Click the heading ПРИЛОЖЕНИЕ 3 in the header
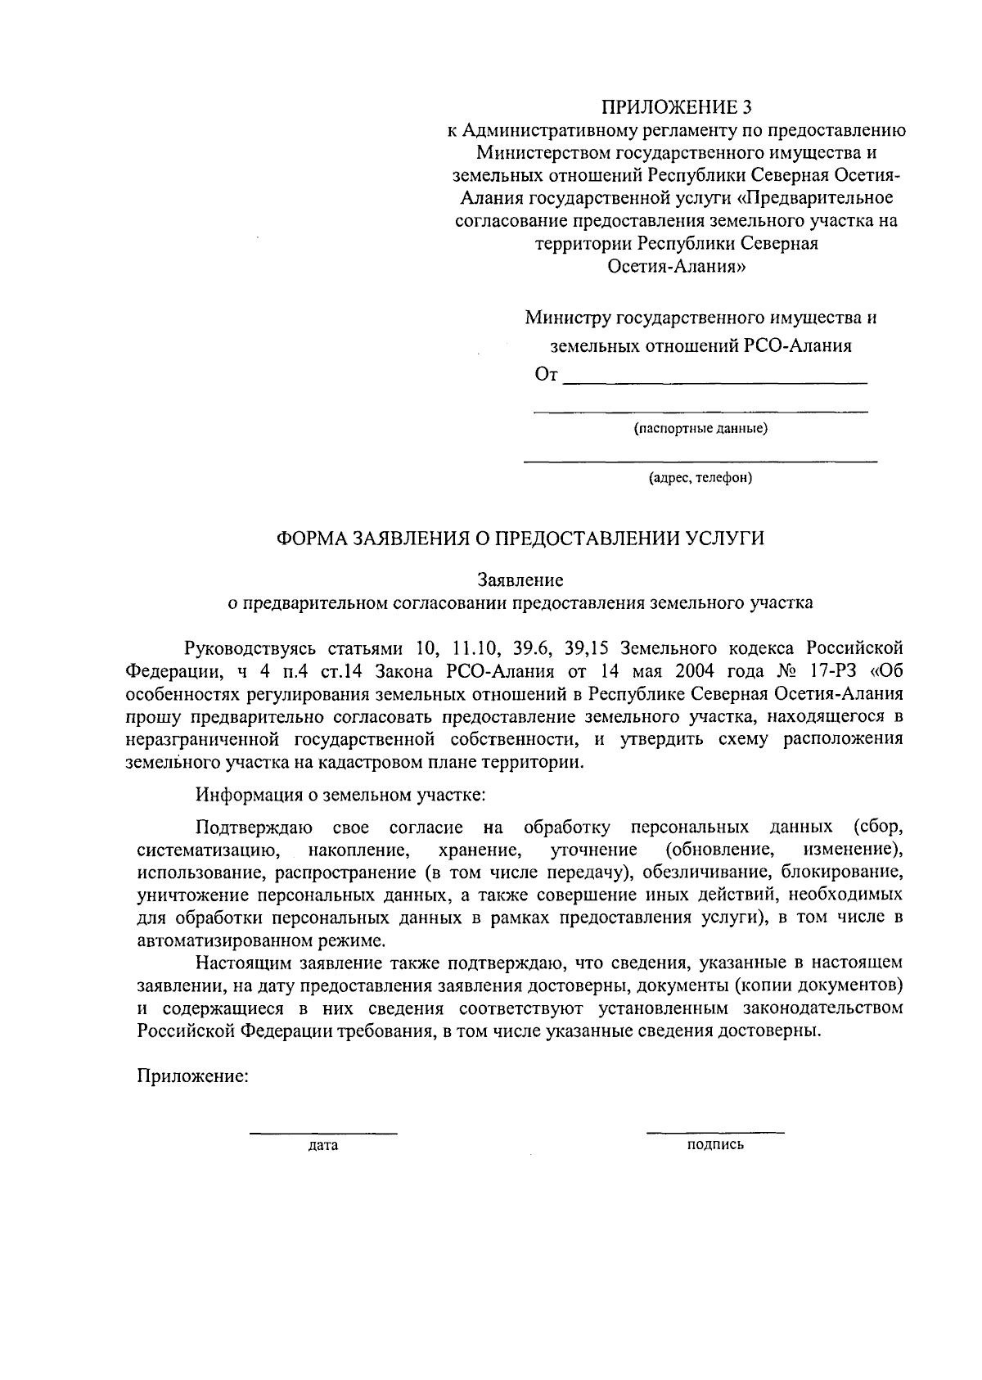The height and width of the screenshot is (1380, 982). (675, 107)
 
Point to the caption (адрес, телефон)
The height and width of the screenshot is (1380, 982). (700, 478)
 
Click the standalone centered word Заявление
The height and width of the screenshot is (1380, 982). (521, 580)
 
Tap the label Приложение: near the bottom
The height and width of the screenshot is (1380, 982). (192, 1076)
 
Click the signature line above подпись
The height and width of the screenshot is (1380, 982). (714, 1134)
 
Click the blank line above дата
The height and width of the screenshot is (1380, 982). (323, 1134)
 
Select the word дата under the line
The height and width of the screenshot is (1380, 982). (323, 1146)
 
